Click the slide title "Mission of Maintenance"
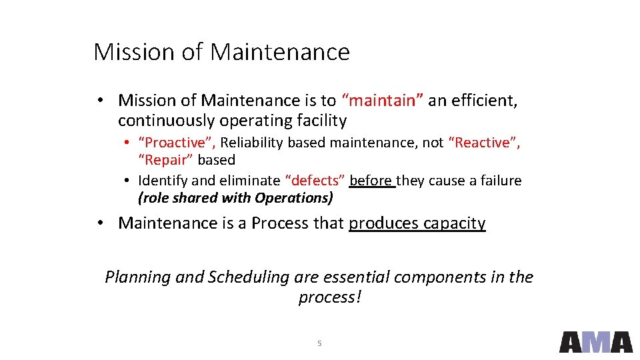point(221,51)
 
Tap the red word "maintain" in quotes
point(382,101)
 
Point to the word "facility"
point(321,121)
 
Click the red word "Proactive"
point(176,143)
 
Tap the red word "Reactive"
point(485,143)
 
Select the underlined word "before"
point(371,181)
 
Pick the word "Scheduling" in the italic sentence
point(249,277)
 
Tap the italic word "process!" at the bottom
point(329,297)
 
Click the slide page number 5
point(319,343)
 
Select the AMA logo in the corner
point(595,341)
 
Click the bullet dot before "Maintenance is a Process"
point(98,223)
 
